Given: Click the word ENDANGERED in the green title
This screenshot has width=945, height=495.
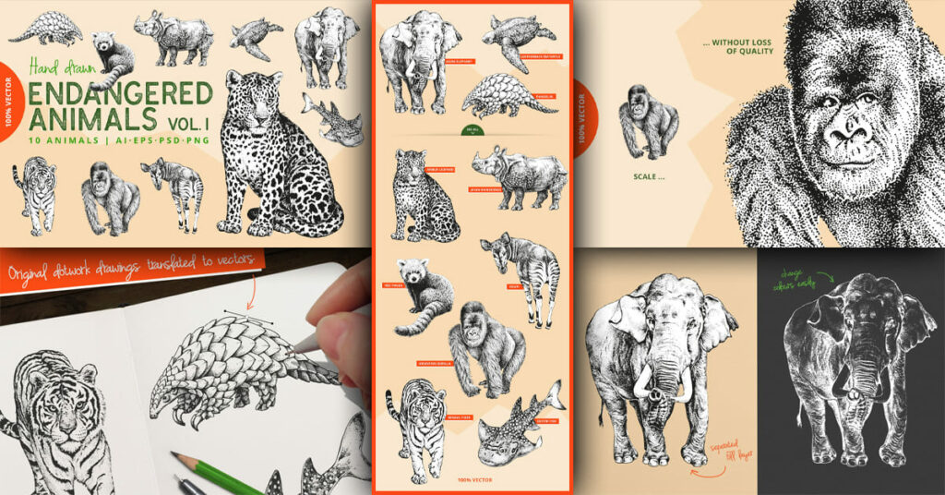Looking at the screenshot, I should tap(120, 95).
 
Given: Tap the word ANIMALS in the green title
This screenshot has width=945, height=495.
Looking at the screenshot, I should tap(92, 119).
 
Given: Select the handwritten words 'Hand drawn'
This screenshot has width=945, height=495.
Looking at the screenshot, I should tap(63, 67).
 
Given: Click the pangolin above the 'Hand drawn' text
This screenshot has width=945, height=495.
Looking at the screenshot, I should tap(46, 29).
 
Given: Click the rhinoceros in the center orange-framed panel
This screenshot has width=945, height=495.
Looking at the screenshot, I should tap(520, 175).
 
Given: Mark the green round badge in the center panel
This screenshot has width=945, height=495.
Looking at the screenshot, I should tap(472, 129).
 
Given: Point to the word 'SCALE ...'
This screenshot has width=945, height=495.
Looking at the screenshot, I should tap(652, 175).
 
